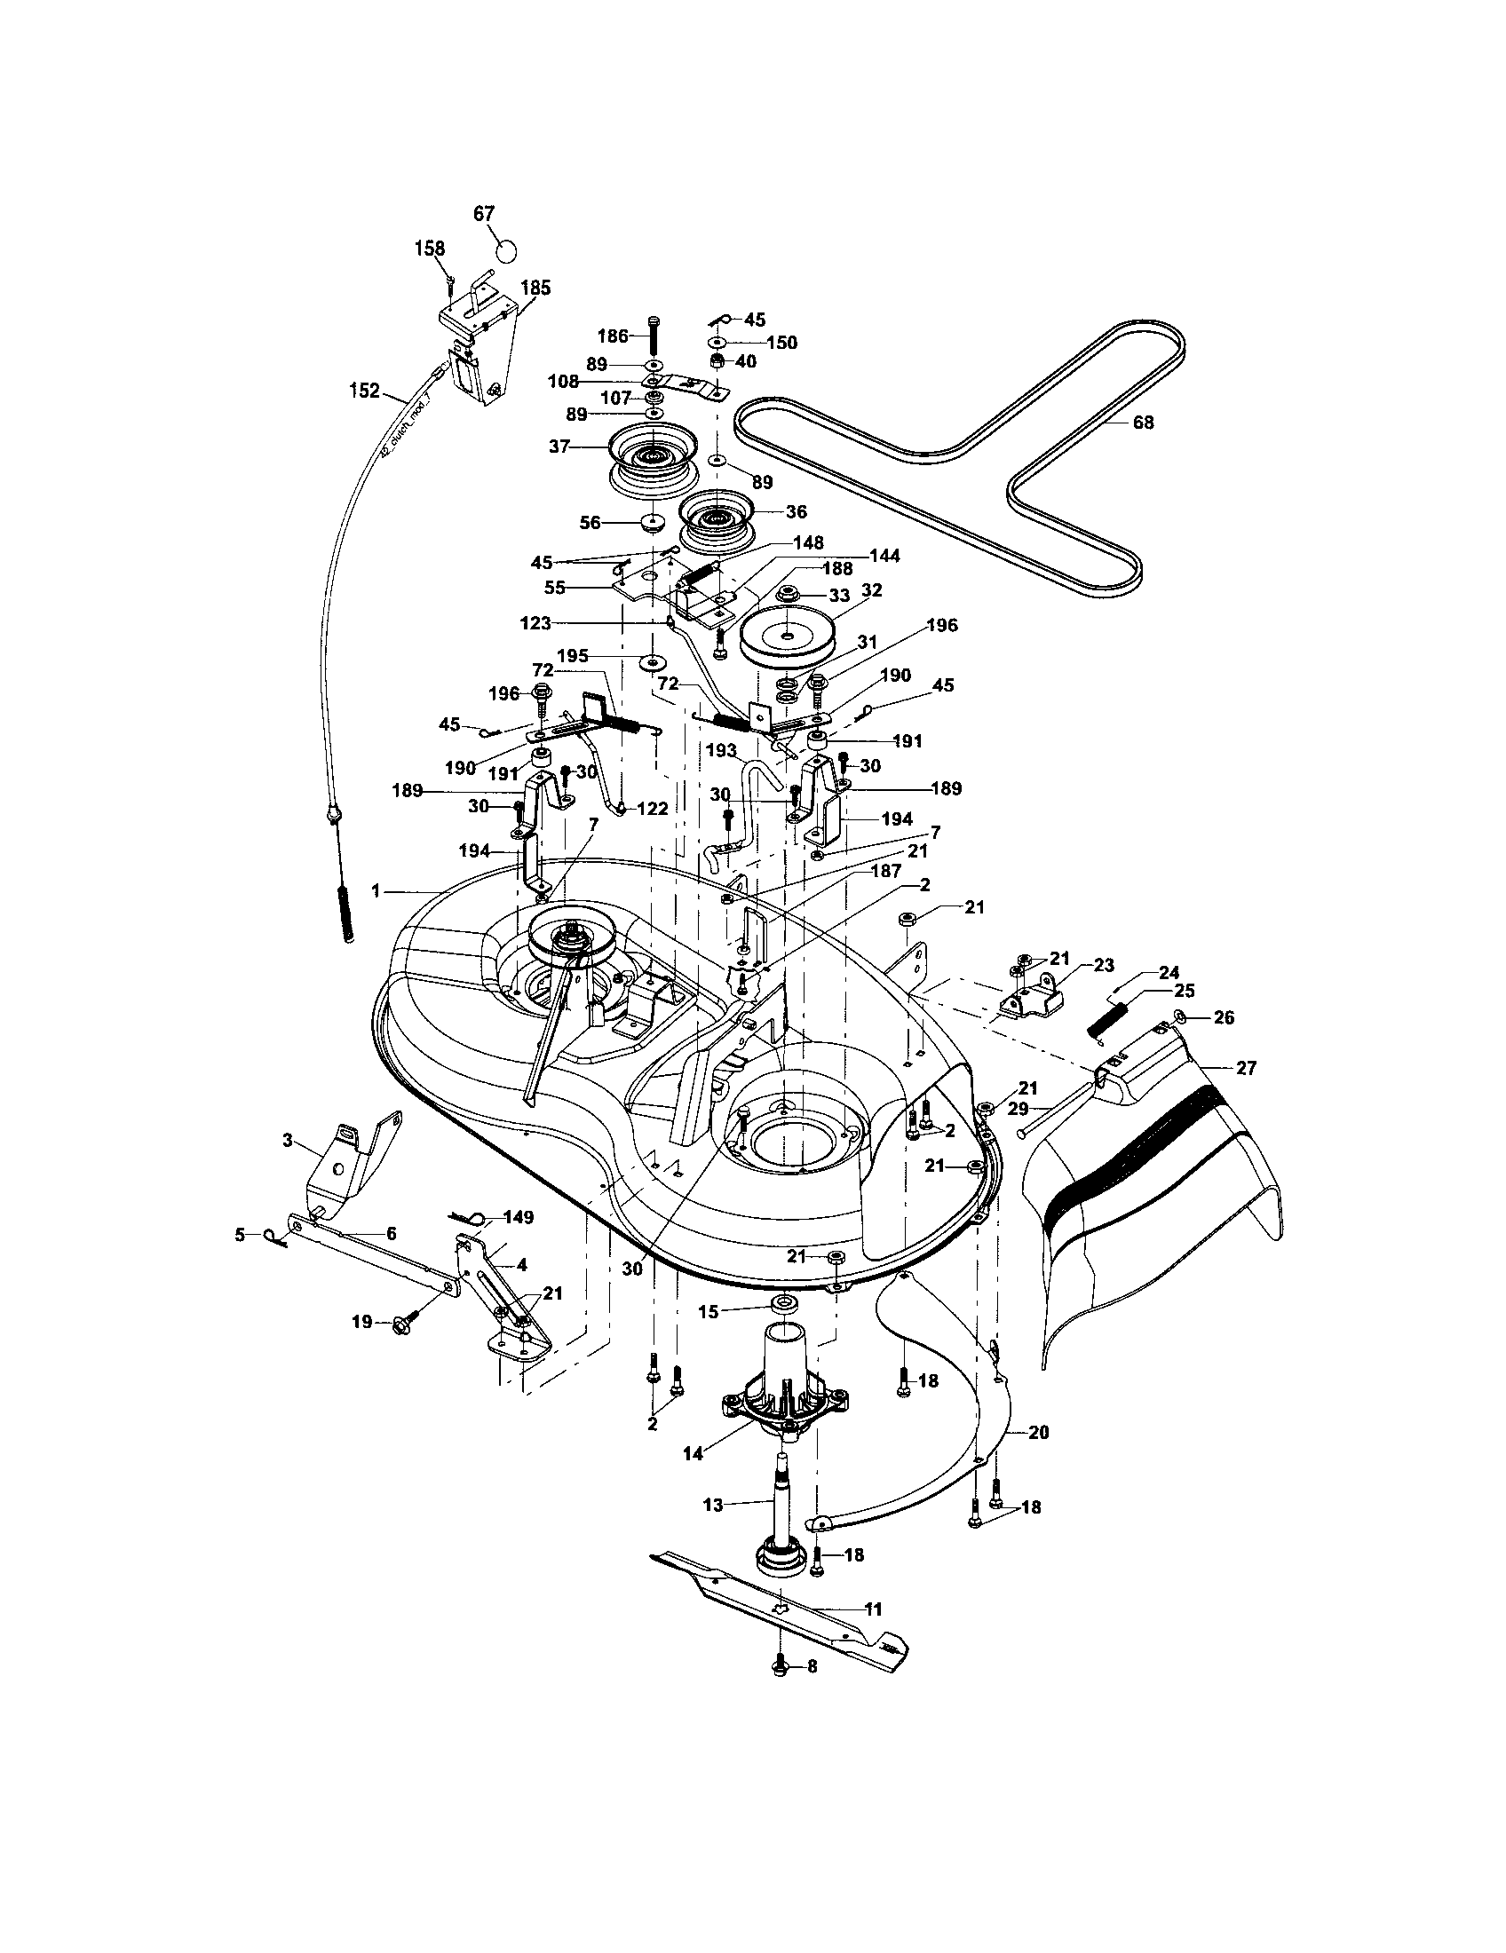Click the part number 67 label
pos(484,214)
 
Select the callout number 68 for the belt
pos(1143,422)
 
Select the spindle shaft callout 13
pos(713,1505)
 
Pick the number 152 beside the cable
pos(364,391)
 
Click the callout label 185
pos(535,288)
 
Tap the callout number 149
pos(519,1217)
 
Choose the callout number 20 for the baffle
pos(1038,1432)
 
